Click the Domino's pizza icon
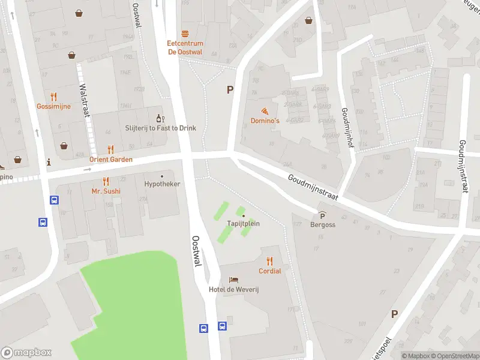pos(265,111)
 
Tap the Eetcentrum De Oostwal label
pos(185,47)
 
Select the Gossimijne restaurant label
pos(53,106)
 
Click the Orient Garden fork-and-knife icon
pos(110,149)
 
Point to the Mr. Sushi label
pos(106,191)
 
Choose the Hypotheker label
pos(162,184)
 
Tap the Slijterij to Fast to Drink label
pos(161,128)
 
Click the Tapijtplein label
pos(243,223)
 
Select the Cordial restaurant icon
pos(269,261)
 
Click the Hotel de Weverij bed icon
pos(233,280)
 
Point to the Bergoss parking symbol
pos(322,216)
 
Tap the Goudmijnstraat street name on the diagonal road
pos(313,188)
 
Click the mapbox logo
pos(26,353)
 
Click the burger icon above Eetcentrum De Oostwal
pos(185,34)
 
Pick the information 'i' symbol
pos(49,162)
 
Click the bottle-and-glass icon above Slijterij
pos(160,118)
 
